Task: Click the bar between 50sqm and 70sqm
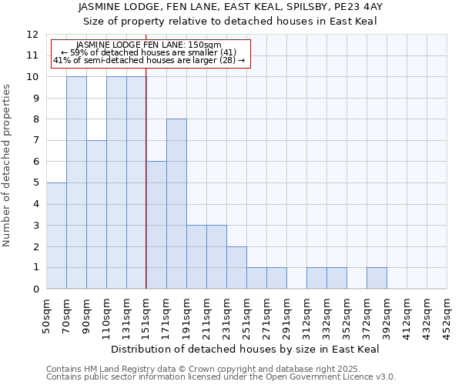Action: click(x=56, y=236)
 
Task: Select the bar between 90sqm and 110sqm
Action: click(x=96, y=215)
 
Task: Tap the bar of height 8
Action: click(x=176, y=204)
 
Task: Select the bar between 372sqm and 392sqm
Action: click(x=377, y=278)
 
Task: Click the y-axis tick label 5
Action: click(x=35, y=182)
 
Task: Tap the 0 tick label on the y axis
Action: click(x=35, y=289)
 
